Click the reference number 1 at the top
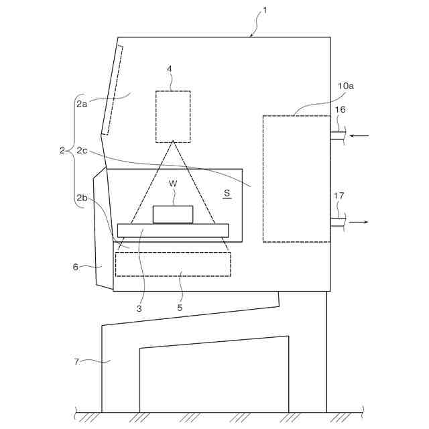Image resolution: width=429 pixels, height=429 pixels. (x=264, y=10)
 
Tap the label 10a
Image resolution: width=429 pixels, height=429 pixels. (x=346, y=86)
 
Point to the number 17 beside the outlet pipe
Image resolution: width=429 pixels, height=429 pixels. (x=339, y=196)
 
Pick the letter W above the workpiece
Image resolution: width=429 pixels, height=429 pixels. (x=173, y=183)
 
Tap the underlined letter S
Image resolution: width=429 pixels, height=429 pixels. (x=227, y=193)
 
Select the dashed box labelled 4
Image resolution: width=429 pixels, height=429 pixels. (x=173, y=117)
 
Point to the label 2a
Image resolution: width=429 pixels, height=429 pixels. (x=81, y=103)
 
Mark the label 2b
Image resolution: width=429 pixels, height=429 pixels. (x=81, y=198)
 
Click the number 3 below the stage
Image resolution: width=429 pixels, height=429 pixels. (x=139, y=309)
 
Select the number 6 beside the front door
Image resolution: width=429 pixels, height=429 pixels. (x=75, y=267)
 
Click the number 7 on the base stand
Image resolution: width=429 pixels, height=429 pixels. (x=76, y=362)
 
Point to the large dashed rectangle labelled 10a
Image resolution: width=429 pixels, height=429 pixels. (x=296, y=178)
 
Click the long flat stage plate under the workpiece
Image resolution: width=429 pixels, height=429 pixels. (x=173, y=231)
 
